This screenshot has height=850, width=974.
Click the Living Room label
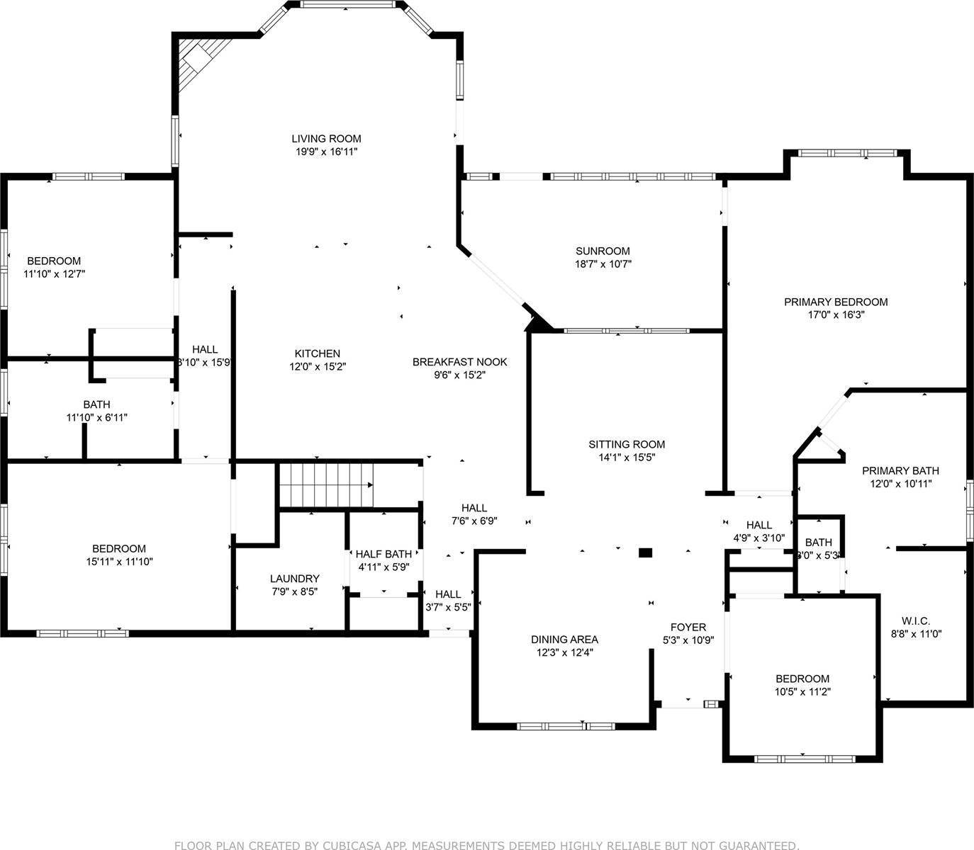point(326,139)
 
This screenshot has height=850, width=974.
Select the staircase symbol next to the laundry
point(325,485)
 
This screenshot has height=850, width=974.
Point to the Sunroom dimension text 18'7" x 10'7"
point(603,264)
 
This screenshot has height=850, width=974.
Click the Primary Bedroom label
point(835,302)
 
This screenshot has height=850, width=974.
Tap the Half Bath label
point(383,554)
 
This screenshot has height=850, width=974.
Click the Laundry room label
point(294,578)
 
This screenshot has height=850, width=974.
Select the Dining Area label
point(564,639)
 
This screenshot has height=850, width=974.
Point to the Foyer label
point(688,627)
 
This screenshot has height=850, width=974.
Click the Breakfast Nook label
point(459,362)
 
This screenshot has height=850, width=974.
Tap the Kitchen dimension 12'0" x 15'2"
point(318,366)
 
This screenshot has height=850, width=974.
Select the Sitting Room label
point(627,445)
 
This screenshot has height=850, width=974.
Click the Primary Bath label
point(900,470)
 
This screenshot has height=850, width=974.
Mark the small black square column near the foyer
point(645,552)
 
